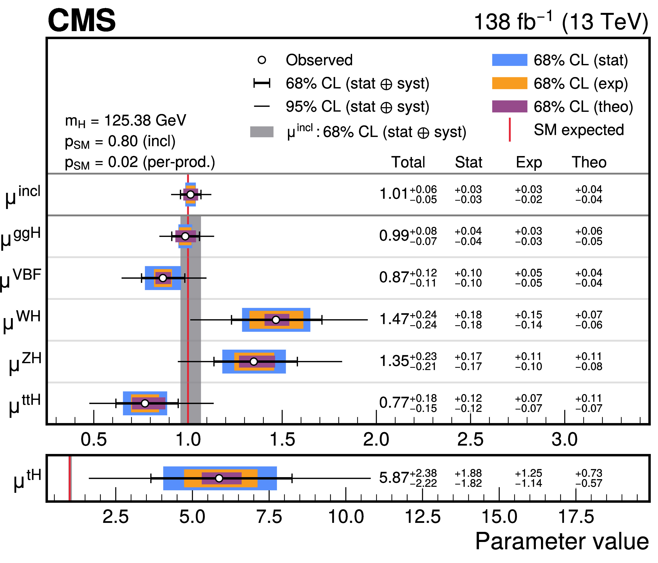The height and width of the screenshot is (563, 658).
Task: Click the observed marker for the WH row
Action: coord(276,320)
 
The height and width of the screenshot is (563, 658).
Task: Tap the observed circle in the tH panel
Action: coord(219,478)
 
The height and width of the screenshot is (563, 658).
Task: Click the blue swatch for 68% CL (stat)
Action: coord(509,60)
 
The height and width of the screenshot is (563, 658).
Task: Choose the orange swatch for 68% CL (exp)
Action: coord(509,83)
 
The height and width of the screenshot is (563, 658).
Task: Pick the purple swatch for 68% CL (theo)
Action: coord(509,106)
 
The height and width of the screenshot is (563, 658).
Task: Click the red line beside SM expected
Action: coord(510,130)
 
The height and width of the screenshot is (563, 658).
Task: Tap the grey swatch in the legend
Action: coord(262,132)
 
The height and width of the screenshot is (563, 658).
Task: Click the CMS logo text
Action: coord(82,21)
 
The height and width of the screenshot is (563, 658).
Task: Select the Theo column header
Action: coord(589,162)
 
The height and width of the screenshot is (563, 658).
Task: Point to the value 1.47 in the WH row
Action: coord(394,319)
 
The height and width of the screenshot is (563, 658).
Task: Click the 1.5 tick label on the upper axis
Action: coord(282,440)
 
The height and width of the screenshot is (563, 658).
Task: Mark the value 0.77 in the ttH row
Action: coord(394,403)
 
